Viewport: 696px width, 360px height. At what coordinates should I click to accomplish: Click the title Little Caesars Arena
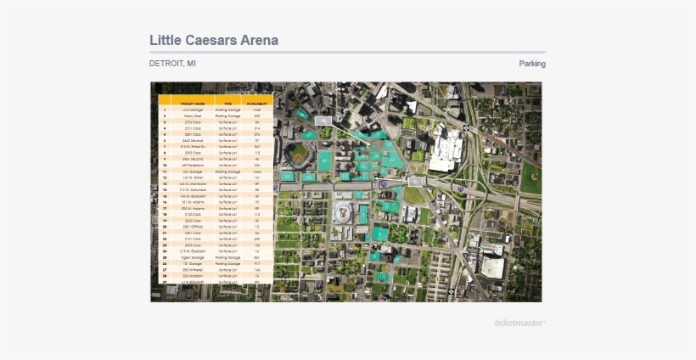pyautogui.click(x=214, y=41)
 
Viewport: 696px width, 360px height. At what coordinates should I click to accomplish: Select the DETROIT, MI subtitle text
pyautogui.click(x=173, y=64)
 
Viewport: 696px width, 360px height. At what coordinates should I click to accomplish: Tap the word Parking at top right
pyautogui.click(x=532, y=64)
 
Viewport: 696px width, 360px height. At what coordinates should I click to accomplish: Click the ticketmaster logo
pyautogui.click(x=520, y=323)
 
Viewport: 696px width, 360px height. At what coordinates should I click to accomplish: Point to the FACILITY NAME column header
pyautogui.click(x=193, y=104)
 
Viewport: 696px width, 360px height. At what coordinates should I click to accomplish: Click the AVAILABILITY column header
pyautogui.click(x=257, y=104)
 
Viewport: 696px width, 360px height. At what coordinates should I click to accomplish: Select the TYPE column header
pyautogui.click(x=227, y=104)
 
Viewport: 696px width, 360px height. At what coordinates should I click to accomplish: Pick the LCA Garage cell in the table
pyautogui.click(x=193, y=110)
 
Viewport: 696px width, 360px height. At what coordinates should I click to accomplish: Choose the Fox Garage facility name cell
pyautogui.click(x=193, y=172)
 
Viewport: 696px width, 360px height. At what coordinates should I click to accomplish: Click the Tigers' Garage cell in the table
pyautogui.click(x=193, y=257)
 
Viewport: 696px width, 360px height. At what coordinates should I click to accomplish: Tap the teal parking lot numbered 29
pyautogui.click(x=323, y=160)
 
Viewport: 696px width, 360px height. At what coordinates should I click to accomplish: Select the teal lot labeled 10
pyautogui.click(x=382, y=276)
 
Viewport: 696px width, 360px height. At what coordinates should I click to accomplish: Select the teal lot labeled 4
pyautogui.click(x=379, y=233)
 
